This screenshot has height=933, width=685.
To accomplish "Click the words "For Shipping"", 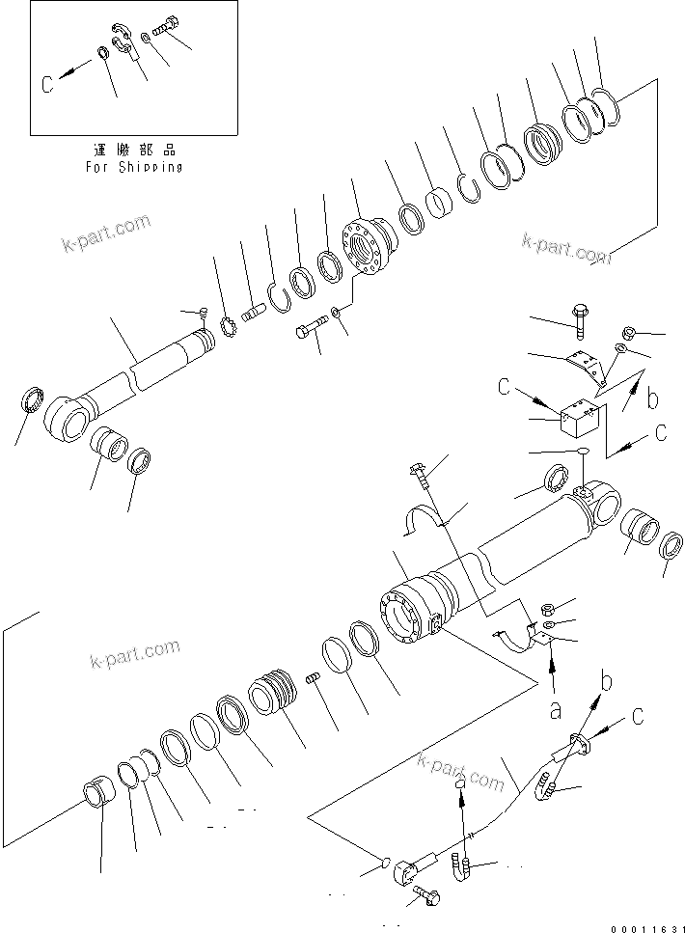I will tap(133, 166).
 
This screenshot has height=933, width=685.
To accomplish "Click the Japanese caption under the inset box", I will tap(133, 151).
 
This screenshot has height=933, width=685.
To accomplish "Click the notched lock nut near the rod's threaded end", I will tap(230, 329).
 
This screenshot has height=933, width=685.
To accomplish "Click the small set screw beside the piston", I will tap(314, 682).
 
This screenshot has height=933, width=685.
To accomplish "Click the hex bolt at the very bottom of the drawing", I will tap(425, 897).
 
